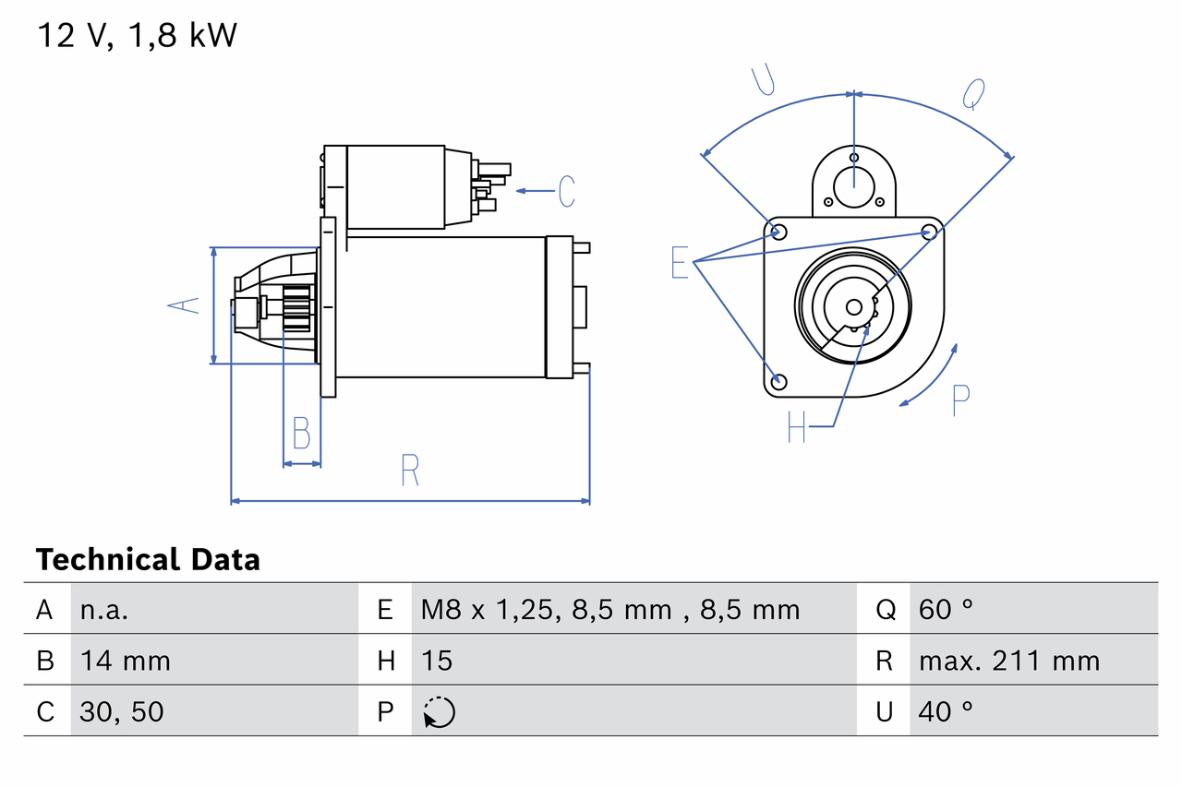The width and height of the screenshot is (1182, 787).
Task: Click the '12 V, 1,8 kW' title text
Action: tap(137, 36)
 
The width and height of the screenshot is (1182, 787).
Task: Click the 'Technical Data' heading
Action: tap(148, 559)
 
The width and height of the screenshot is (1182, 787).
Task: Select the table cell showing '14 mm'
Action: tap(125, 661)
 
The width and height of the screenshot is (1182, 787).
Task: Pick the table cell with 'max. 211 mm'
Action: tap(1008, 661)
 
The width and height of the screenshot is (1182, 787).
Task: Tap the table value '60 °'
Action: tap(946, 609)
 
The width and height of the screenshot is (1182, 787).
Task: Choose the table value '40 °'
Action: tap(946, 711)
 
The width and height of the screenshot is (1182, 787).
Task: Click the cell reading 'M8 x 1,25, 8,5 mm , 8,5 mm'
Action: tap(609, 609)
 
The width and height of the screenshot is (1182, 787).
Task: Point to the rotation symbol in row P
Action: tap(439, 712)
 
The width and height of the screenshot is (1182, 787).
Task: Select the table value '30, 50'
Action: tap(122, 711)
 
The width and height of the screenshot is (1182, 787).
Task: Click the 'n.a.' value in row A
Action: tap(104, 609)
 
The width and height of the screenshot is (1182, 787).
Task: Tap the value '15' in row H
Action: tap(437, 661)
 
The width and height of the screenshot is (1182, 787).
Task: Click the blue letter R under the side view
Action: tap(410, 471)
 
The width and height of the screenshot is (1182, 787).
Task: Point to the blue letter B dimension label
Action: tap(301, 433)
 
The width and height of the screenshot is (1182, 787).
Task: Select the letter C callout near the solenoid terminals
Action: tap(566, 191)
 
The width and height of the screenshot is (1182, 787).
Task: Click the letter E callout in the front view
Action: tap(680, 264)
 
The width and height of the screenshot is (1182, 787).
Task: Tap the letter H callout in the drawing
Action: tap(797, 426)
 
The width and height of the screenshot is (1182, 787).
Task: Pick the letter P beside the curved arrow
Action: tap(960, 400)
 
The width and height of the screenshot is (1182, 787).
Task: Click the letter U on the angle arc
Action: tap(763, 80)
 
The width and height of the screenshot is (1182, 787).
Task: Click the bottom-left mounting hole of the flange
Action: tap(778, 381)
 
